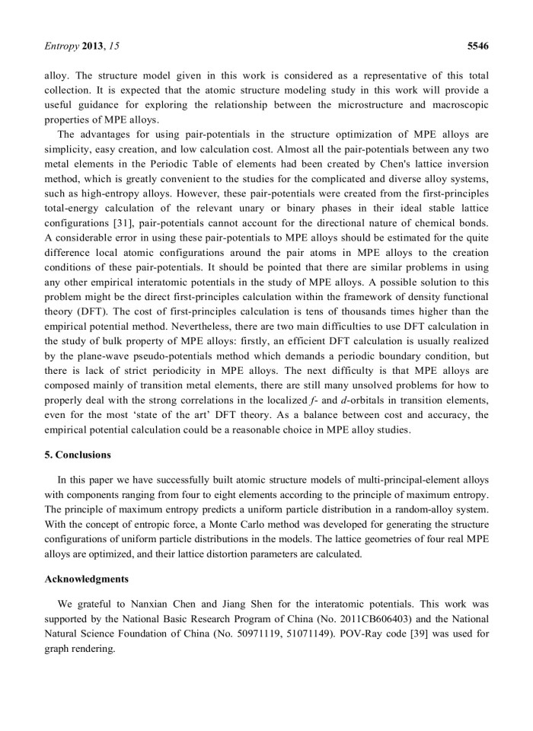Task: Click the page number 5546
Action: coord(477,46)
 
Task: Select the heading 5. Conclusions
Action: coord(78,455)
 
